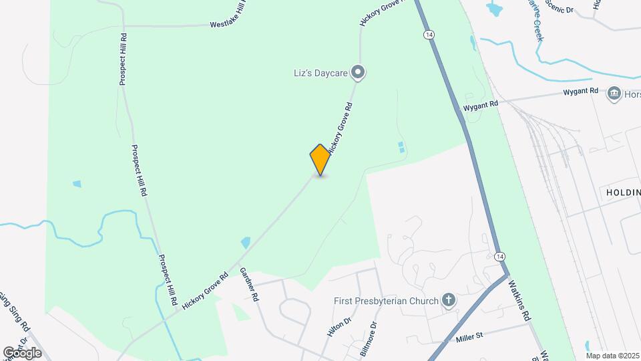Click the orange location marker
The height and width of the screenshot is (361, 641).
tap(320, 159)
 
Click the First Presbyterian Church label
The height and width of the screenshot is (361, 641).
tap(386, 301)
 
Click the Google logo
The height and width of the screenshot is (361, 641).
tap(22, 352)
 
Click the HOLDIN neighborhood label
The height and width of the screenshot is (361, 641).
tap(623, 192)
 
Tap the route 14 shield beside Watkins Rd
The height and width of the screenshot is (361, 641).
tap(499, 257)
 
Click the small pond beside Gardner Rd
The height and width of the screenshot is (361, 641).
tap(245, 242)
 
